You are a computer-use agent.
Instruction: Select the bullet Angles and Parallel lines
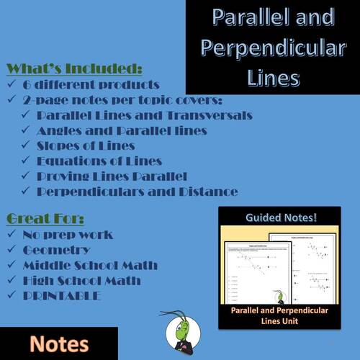pos(121,131)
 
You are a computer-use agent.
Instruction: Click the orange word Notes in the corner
pos(59,343)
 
